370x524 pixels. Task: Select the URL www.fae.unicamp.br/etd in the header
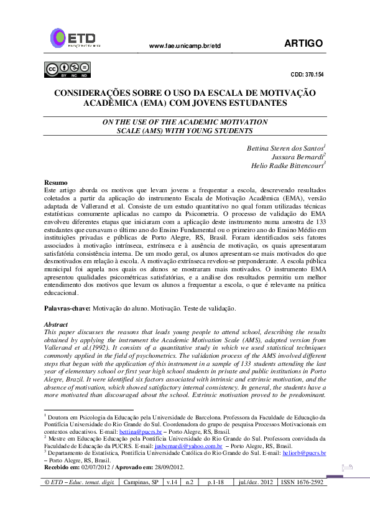click(185, 46)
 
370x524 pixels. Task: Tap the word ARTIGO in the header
click(303, 43)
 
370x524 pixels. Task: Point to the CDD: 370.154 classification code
click(307, 74)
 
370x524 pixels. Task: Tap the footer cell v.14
click(171, 482)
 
